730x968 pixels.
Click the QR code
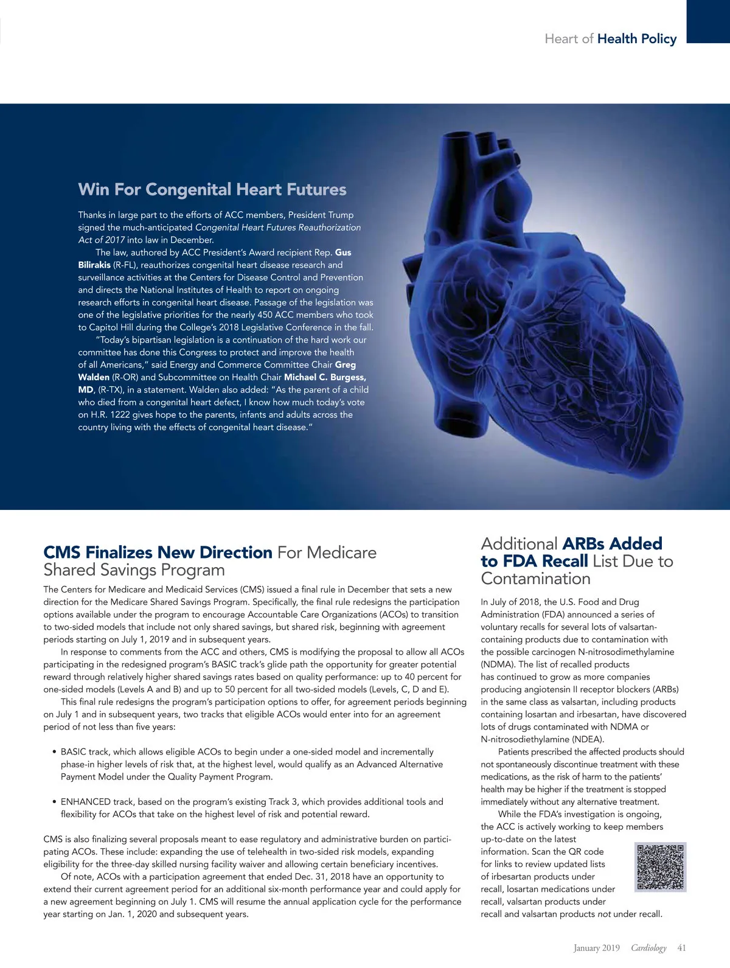(x=660, y=867)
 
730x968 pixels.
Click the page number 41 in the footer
(x=681, y=947)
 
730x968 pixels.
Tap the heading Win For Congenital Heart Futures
(x=212, y=189)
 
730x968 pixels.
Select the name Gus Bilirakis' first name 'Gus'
(x=343, y=252)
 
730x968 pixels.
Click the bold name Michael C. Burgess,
(x=325, y=377)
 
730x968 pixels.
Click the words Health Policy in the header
(x=637, y=39)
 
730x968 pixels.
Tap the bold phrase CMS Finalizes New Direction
(x=158, y=552)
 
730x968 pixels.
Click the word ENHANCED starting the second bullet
(x=86, y=802)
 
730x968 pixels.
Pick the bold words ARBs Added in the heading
(x=612, y=543)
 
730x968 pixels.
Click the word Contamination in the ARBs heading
(x=535, y=579)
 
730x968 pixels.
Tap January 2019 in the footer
(x=596, y=947)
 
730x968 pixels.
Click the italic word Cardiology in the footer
(x=648, y=947)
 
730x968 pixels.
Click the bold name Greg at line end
(x=346, y=365)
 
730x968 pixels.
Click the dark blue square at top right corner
(x=708, y=21)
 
